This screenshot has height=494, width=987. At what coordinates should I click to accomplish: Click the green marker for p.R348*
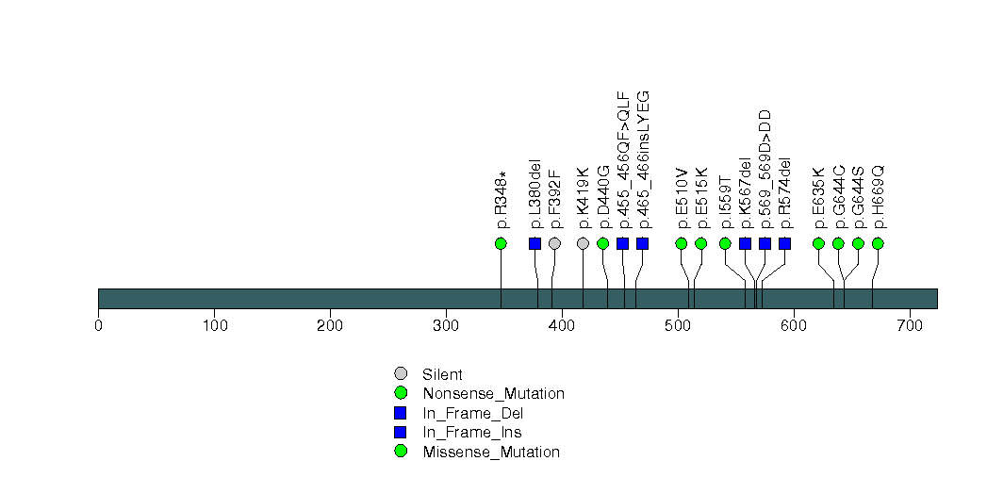tap(501, 243)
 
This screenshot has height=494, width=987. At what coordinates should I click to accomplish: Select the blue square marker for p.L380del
tap(535, 243)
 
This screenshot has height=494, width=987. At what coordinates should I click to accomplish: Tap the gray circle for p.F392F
tap(555, 243)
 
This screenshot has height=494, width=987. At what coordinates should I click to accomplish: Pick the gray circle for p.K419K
tap(583, 243)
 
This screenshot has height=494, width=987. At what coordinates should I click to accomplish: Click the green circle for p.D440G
tap(603, 243)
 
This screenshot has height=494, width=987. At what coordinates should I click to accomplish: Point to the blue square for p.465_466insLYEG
tap(643, 243)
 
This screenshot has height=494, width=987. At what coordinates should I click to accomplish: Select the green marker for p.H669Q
tap(878, 243)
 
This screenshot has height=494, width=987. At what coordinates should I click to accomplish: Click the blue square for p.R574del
tap(784, 243)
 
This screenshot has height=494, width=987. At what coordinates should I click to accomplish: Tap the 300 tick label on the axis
tap(446, 326)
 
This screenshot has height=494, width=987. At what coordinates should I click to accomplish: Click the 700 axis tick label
tap(910, 326)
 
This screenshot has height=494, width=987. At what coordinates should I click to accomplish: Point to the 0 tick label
tap(98, 326)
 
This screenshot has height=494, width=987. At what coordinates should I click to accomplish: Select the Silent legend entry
tap(442, 374)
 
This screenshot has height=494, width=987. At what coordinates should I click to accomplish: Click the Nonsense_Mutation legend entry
tap(493, 394)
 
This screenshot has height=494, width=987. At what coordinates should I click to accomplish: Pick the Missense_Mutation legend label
tap(491, 452)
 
